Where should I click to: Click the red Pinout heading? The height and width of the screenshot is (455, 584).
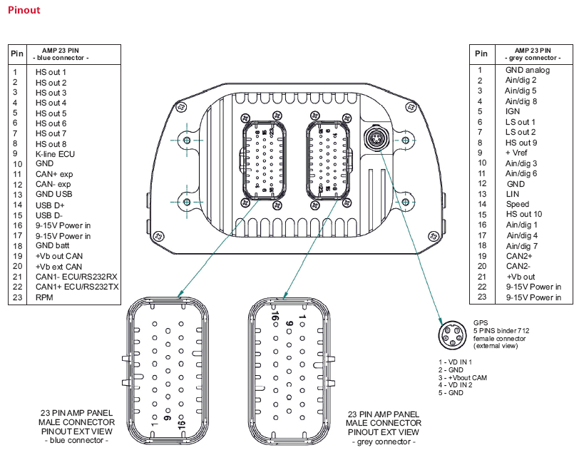[24, 11]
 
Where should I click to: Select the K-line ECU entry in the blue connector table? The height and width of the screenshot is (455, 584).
[55, 153]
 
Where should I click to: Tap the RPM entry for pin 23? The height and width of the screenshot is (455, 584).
[45, 296]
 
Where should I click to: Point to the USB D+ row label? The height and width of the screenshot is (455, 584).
[50, 205]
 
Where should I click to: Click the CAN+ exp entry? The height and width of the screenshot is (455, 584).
[54, 174]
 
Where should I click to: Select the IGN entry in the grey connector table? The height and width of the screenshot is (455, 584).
[513, 111]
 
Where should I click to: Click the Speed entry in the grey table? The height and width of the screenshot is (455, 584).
[518, 204]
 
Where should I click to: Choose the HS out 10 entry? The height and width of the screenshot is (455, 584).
[524, 215]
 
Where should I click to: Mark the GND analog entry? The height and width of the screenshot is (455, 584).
[528, 70]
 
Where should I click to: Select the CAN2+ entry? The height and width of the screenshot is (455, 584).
[520, 256]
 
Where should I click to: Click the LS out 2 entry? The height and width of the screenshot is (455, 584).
[521, 132]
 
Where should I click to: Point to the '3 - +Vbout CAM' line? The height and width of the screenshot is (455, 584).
[466, 377]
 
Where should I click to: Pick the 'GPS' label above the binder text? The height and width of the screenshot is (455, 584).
[480, 322]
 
